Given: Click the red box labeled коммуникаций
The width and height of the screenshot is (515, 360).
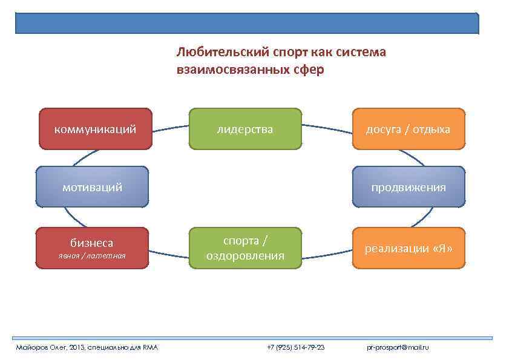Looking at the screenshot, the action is (95, 128).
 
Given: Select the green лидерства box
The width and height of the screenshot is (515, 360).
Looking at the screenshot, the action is (245, 128).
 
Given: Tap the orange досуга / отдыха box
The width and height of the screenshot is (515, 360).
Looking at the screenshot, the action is (408, 128).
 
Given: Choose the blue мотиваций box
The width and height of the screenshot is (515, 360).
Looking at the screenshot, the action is (92, 187).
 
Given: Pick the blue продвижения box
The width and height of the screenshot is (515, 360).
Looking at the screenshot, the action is (408, 187).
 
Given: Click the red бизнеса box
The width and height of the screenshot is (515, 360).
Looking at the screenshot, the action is (92, 247).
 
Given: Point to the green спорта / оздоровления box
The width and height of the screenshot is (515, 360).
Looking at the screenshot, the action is (245, 248).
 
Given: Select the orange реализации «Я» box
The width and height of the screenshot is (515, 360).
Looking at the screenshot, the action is (408, 247).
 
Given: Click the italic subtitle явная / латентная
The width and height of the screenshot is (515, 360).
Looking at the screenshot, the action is (92, 256).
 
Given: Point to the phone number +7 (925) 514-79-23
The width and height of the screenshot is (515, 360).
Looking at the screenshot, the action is (296, 347).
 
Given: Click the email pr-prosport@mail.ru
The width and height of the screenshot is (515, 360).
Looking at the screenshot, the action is (398, 347).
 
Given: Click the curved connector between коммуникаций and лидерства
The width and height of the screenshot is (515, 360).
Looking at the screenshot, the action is (171, 126).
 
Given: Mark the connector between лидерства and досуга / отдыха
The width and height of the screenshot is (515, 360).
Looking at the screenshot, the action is (327, 126).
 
